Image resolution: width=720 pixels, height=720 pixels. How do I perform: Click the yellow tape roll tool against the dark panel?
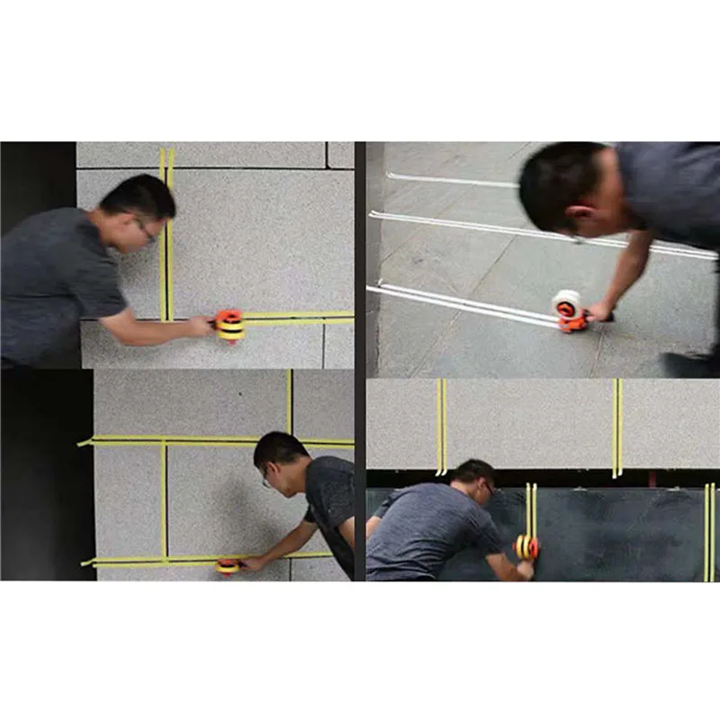tap(526, 546)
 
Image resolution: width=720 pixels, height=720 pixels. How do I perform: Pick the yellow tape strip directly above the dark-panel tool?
tap(531, 509)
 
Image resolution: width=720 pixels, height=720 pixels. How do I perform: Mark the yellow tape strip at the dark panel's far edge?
tap(709, 531)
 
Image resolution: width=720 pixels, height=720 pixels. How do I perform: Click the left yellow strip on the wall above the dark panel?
tap(441, 426)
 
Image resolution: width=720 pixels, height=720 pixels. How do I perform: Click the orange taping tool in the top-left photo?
tap(230, 325)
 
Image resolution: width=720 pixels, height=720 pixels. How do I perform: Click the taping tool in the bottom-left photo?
tap(229, 566)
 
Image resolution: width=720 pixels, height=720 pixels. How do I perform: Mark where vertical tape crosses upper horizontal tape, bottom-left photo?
tap(164, 441)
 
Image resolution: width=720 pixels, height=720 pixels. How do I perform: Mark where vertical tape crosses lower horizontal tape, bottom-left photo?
tap(164, 559)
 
